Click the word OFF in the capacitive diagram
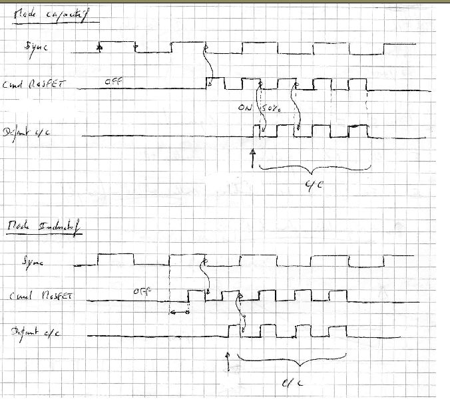click(x=112, y=82)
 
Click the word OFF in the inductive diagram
click(x=141, y=291)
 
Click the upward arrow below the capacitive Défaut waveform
click(x=253, y=158)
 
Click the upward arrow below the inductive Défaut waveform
click(x=228, y=362)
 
